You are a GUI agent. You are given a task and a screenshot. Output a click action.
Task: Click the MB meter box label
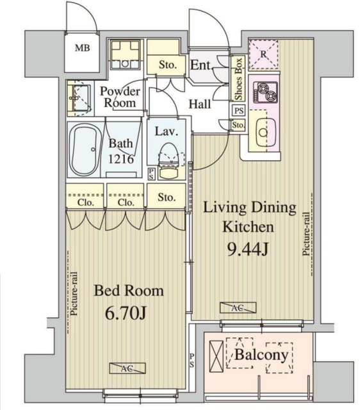tap(83, 48)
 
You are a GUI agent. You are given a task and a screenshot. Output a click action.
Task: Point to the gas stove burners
tap(265, 92)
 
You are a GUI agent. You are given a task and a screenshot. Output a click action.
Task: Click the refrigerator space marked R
tap(263, 54)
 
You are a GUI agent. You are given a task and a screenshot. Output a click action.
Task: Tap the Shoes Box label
tap(238, 79)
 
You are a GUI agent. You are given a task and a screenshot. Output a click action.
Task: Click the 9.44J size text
tap(248, 249)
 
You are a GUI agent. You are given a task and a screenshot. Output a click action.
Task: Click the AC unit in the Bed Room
tap(127, 368)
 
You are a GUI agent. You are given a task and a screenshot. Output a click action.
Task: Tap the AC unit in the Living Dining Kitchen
tap(238, 307)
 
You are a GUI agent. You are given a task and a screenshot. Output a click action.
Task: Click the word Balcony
tap(261, 355)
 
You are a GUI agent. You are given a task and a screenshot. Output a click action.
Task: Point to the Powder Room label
tap(120, 97)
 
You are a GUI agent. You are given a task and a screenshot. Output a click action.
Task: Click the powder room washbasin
tap(79, 98)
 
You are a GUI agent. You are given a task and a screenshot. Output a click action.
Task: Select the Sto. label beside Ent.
tap(168, 65)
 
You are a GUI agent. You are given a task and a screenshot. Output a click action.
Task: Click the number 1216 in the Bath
tap(121, 159)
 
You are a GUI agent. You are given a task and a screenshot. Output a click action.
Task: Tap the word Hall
tap(200, 104)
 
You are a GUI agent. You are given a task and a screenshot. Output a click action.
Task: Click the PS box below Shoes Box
tap(238, 111)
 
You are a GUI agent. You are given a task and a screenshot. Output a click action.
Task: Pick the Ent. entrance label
tap(200, 65)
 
